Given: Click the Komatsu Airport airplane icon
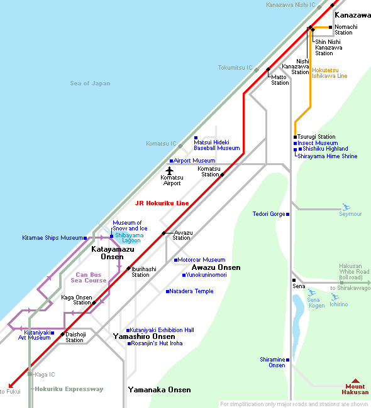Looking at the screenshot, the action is tap(170, 171).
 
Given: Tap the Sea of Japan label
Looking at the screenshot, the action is tap(90, 83).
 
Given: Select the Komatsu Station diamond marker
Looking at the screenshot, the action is tap(222, 175).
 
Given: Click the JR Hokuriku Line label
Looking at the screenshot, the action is tap(162, 203).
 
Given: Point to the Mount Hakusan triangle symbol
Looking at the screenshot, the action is tap(355, 381).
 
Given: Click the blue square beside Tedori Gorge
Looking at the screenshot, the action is tap(288, 214).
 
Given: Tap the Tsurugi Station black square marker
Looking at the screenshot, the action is tap(295, 137).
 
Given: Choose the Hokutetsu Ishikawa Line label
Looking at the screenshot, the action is tap(329, 73).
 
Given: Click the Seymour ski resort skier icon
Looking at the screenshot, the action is tap(346, 207).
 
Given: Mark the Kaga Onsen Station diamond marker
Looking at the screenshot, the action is tap(94, 303).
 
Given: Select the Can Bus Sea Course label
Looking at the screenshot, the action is tap(89, 277).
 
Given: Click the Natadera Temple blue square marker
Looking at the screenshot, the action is tap(167, 291).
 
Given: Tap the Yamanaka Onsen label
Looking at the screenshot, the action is tap(159, 390).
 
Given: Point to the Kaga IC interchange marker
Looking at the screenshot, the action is tap(30, 374).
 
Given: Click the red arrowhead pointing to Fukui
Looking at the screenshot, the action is tap(11, 386).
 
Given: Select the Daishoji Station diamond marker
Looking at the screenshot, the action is tap(63, 334).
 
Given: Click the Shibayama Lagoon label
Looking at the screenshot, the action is tap(130, 238).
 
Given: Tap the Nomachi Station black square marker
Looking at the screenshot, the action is tap(330, 28).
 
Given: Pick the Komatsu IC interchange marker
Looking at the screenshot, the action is tap(180, 146).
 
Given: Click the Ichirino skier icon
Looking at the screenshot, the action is tap(335, 297).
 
